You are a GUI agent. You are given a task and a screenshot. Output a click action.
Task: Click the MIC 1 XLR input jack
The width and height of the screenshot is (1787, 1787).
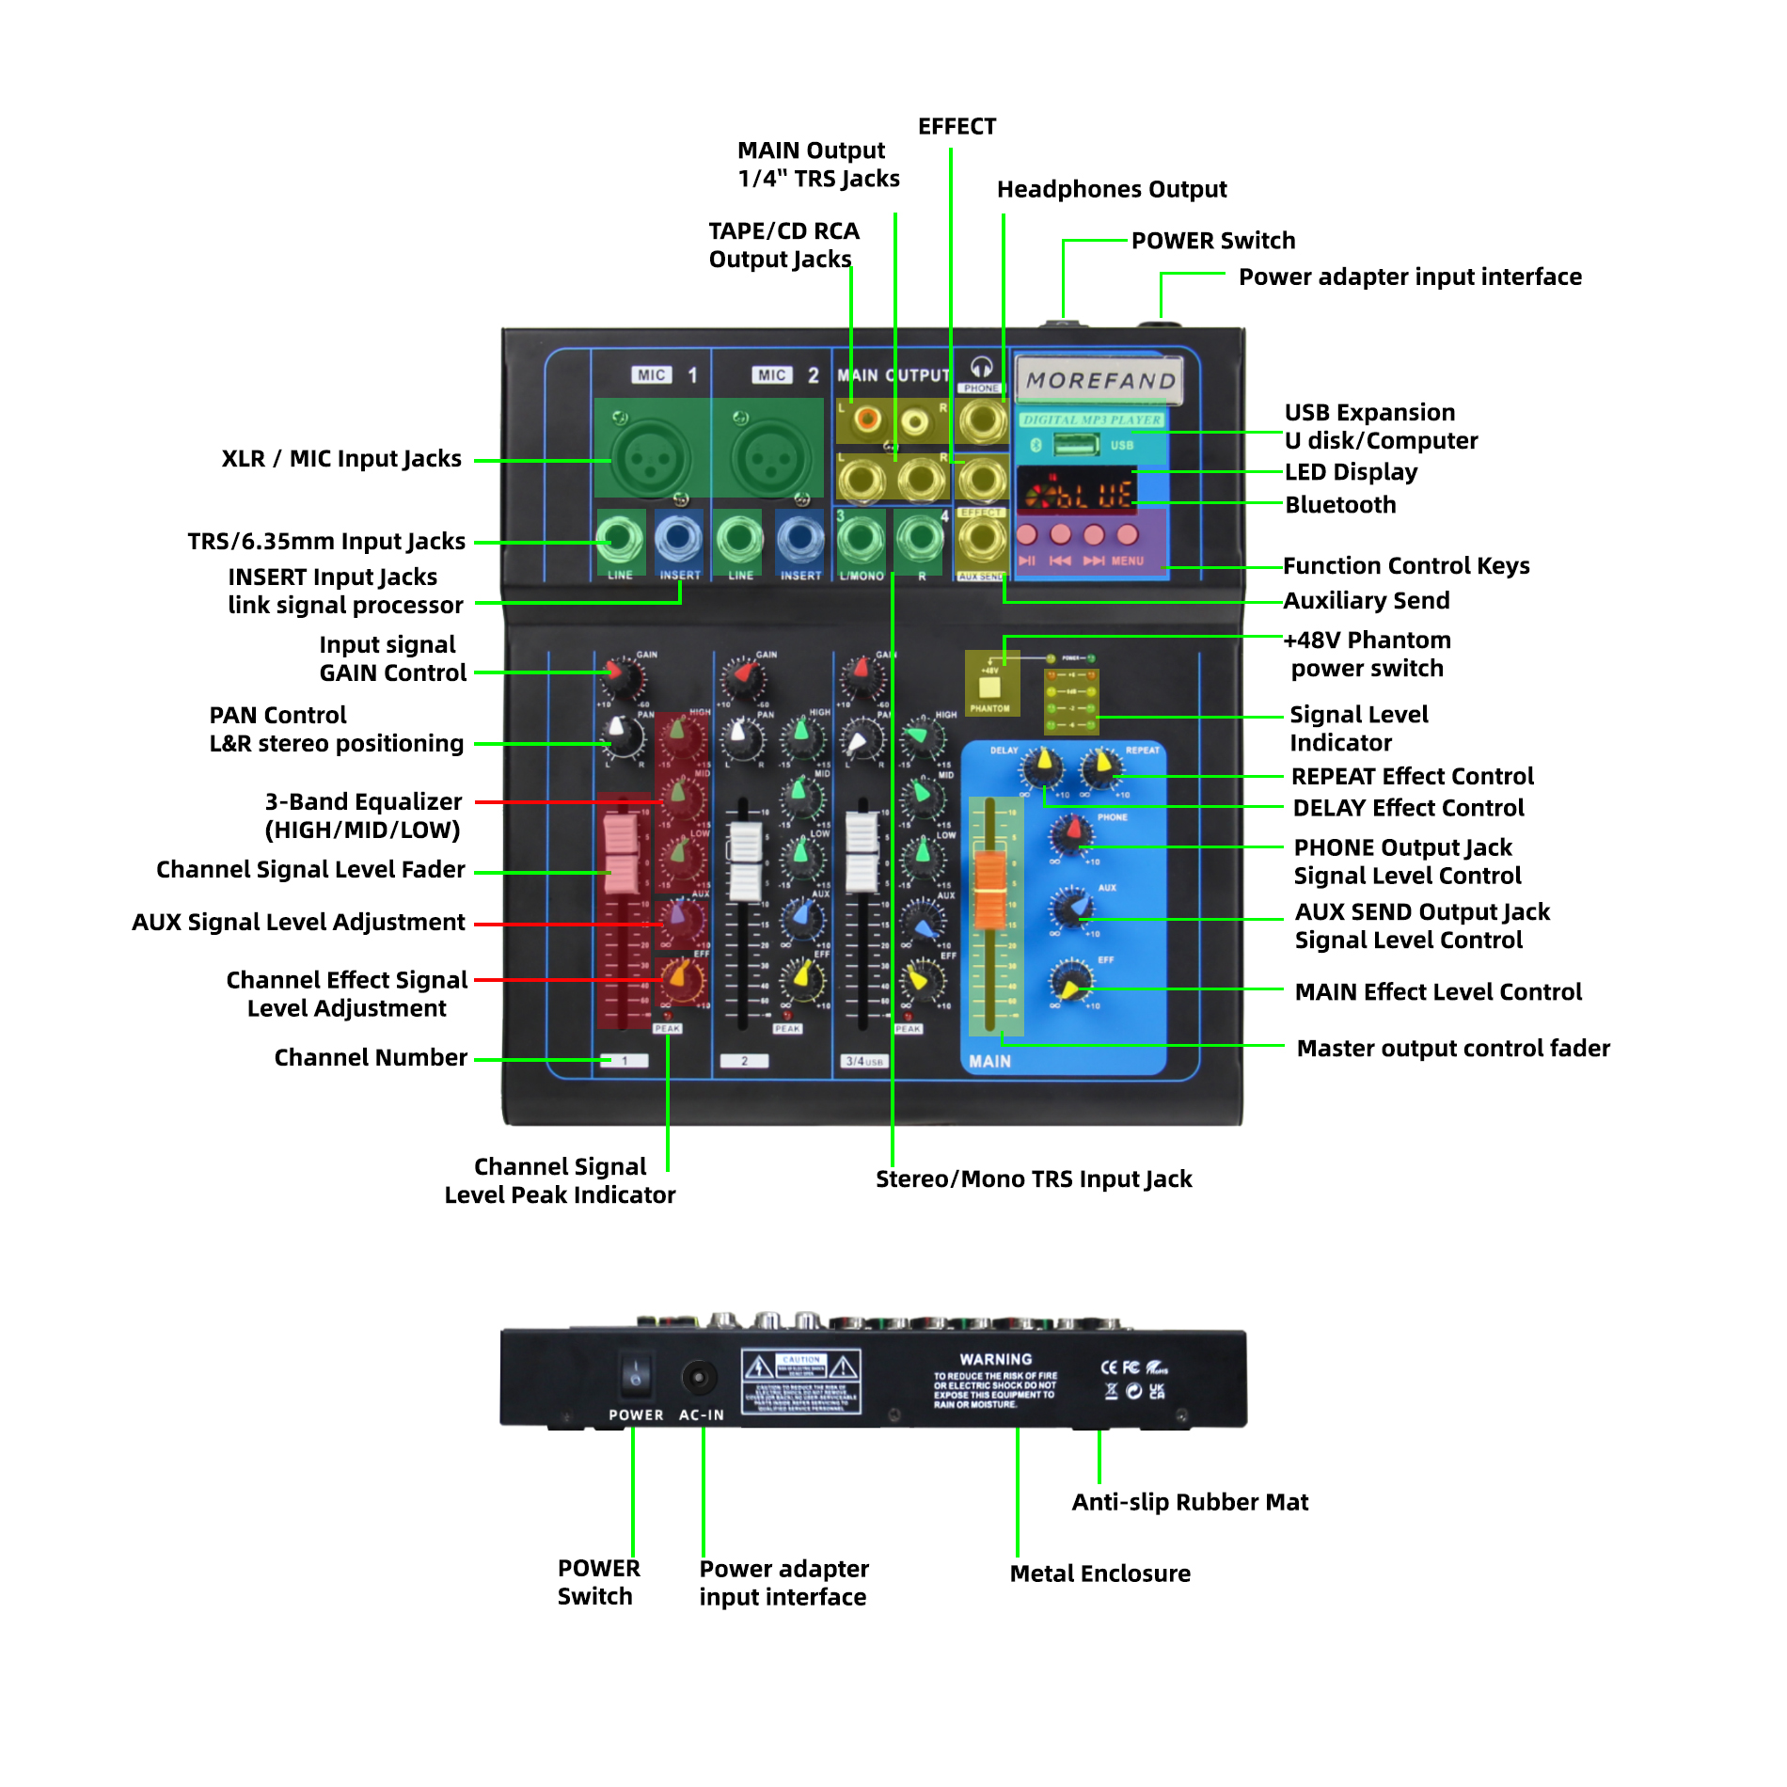click(649, 458)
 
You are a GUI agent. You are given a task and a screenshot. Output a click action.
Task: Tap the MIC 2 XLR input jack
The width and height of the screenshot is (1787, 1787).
click(769, 458)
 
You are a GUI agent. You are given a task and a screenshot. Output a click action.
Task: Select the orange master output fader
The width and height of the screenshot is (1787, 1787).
click(989, 887)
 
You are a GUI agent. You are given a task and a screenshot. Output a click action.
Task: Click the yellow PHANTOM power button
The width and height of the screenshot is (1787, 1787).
click(989, 688)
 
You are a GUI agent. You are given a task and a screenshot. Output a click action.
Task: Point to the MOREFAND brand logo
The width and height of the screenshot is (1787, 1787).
click(1099, 380)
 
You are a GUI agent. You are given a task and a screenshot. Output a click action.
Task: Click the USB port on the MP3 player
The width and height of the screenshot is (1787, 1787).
click(1075, 444)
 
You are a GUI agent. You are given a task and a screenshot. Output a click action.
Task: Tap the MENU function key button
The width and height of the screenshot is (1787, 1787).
click(1127, 535)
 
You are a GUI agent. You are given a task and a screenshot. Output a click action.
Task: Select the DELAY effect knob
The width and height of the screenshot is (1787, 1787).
click(1042, 768)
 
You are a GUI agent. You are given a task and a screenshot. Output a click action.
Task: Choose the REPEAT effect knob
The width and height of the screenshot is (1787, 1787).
click(1101, 768)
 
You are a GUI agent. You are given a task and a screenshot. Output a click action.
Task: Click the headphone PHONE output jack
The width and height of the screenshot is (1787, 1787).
click(982, 420)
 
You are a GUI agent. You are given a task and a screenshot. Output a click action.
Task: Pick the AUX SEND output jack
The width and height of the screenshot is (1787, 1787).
click(982, 539)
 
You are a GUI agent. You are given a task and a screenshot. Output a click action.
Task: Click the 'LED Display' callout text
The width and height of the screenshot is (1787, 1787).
click(1351, 472)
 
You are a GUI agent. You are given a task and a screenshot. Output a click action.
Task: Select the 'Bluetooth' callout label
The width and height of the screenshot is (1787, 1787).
click(1340, 505)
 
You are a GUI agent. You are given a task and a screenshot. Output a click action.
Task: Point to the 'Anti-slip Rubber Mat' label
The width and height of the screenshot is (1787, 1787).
click(1190, 1502)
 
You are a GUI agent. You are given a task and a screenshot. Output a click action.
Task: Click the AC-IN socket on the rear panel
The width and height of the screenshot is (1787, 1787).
click(699, 1379)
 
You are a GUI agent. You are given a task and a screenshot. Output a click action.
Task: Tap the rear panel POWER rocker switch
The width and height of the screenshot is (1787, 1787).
click(636, 1376)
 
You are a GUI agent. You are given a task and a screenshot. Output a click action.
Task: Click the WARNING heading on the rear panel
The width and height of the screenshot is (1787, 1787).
click(995, 1359)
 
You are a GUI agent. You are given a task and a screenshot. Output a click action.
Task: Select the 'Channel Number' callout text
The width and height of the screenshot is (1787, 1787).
click(371, 1058)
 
